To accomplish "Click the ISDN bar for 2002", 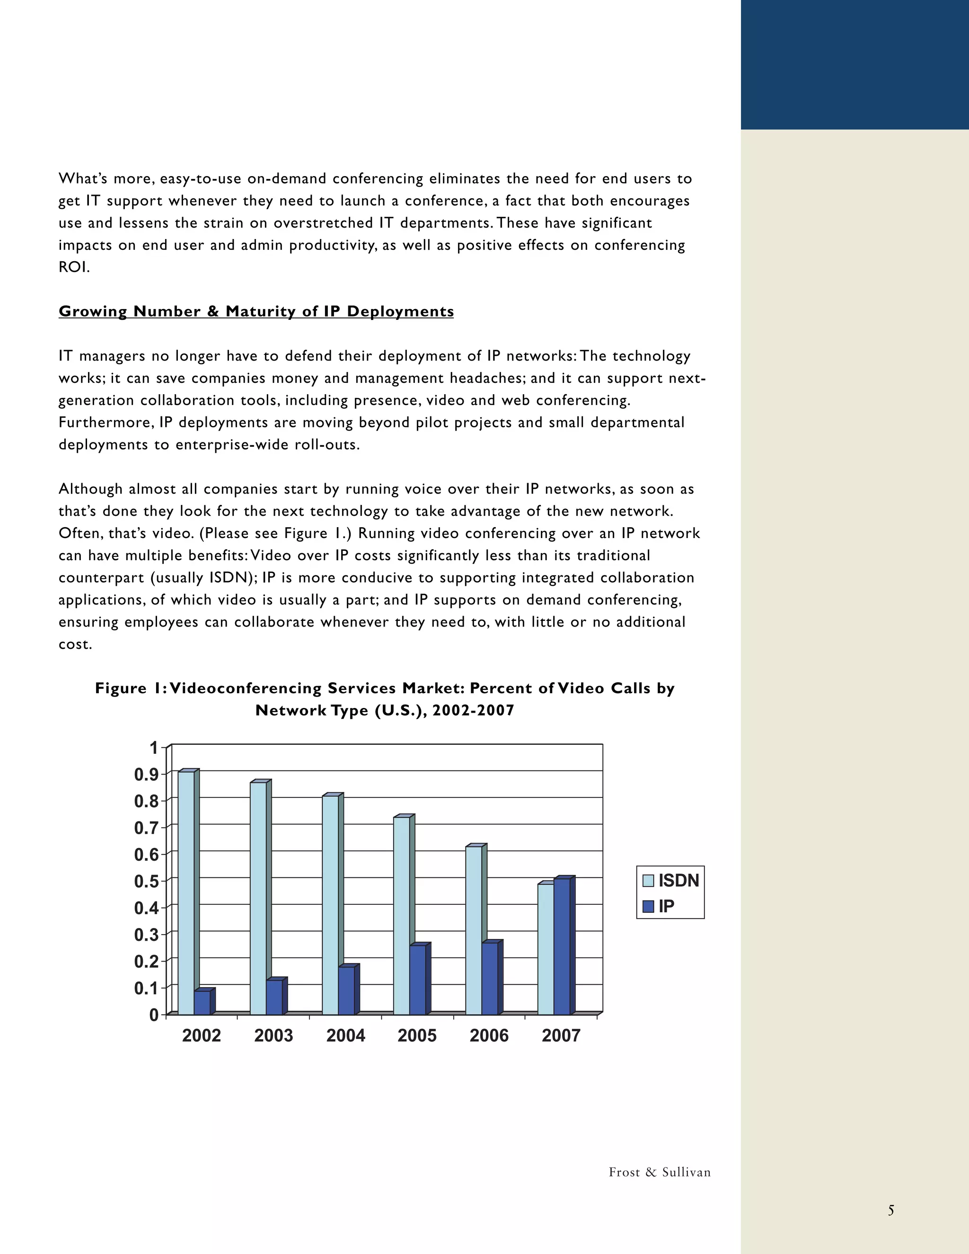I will coord(186,893).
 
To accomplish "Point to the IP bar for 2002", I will coord(202,1003).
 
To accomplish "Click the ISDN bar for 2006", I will coord(474,930).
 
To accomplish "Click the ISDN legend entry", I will coord(670,880).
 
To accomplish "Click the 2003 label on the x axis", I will coord(274,1035).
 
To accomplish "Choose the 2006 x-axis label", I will coord(489,1035).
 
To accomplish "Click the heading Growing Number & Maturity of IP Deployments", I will coord(256,311).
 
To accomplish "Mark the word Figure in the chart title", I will coord(121,688).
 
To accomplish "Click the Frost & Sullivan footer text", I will coord(660,1172).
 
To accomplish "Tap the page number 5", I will coord(891,1210).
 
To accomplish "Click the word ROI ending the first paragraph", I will coord(73,267).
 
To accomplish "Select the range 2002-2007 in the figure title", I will coord(473,710).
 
